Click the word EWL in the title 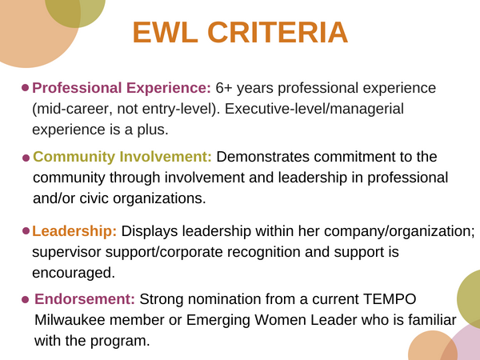pos(166,32)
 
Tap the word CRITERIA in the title pos(278,32)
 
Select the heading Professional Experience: pos(122,88)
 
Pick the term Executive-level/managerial pos(314,109)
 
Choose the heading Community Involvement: pos(122,157)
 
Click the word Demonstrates pos(263,157)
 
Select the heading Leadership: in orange pos(74,231)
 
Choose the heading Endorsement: pos(85,299)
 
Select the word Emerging pos(218,321)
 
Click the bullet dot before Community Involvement pos(26,158)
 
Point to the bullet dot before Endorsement pos(26,299)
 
